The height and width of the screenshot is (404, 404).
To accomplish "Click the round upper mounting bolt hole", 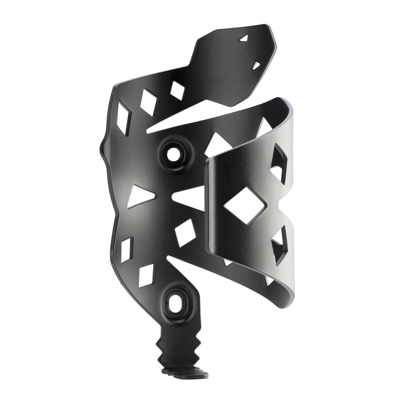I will click(x=173, y=155).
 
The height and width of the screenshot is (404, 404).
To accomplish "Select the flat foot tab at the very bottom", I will click(x=185, y=374).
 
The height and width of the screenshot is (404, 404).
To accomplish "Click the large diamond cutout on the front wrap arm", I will click(x=245, y=206).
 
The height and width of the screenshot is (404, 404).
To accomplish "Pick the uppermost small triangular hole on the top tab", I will click(x=244, y=38).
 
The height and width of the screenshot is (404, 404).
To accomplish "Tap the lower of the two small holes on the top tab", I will click(x=256, y=65).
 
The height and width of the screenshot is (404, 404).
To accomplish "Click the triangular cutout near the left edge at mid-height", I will click(x=138, y=196).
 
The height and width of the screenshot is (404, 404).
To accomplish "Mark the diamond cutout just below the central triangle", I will click(x=184, y=232).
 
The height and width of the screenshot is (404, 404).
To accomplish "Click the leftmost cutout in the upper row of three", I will click(x=123, y=117).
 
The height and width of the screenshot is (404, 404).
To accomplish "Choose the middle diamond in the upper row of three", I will click(x=148, y=102).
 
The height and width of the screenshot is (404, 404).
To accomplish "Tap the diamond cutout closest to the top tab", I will click(x=177, y=90).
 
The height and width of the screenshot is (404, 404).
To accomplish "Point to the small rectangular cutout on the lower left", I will click(x=126, y=249).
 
